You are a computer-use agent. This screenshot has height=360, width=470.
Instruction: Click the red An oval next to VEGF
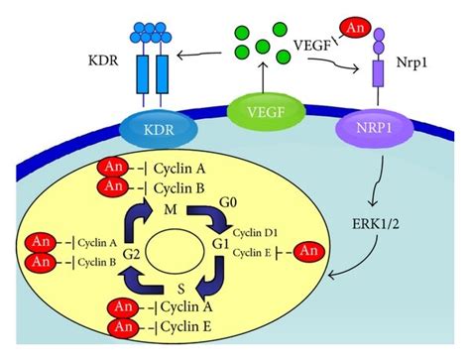coord(355,20)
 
